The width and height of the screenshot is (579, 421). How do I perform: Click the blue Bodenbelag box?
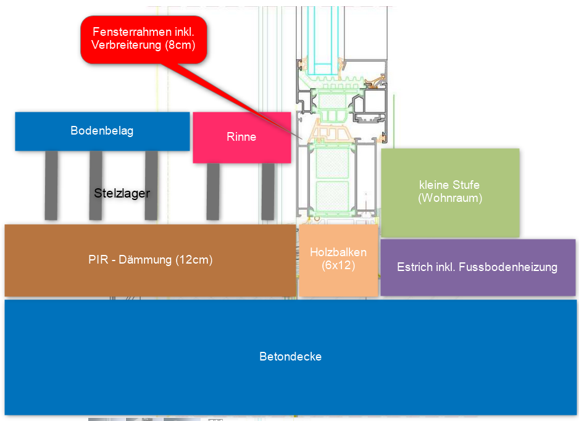(102, 131)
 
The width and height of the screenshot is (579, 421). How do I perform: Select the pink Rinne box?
(241, 137)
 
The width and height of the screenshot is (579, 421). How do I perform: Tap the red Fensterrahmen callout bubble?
(143, 38)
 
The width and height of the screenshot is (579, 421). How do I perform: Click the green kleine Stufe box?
(450, 192)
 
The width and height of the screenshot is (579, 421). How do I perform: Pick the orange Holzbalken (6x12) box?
(338, 260)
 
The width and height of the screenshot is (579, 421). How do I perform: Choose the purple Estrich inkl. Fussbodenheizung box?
(477, 267)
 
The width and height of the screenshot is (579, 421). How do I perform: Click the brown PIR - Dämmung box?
(150, 260)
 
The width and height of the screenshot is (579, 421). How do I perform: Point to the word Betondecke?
(290, 357)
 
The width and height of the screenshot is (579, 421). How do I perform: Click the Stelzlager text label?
(122, 193)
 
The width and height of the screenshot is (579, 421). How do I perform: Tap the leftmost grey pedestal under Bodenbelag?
(51, 185)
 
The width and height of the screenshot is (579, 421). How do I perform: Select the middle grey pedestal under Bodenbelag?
(96, 185)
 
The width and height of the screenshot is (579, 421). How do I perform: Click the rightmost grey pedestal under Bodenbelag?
(151, 185)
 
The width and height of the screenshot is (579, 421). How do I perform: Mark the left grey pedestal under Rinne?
(213, 191)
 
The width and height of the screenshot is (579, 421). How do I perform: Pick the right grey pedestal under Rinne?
(268, 191)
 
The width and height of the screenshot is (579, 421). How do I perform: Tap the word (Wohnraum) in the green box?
(450, 199)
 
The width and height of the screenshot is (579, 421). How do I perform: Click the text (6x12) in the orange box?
(338, 266)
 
